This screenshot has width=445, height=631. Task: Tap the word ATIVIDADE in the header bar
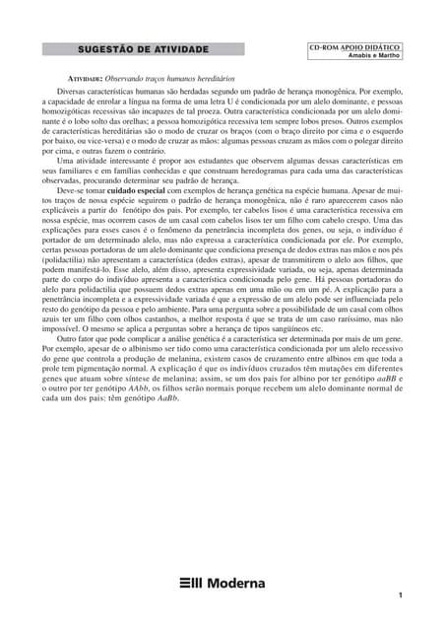click(x=183, y=49)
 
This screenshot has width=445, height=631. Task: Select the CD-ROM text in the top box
click(x=331, y=45)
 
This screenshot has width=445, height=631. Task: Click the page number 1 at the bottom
click(x=401, y=596)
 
